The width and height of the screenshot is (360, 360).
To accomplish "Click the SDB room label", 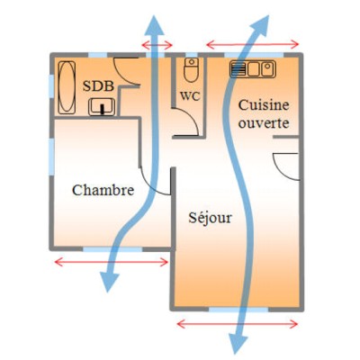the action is tap(98, 86).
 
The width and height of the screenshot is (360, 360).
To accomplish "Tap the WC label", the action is tap(190, 96).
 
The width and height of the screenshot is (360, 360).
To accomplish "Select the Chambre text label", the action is tap(103, 190).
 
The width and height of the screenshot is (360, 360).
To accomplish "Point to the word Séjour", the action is tap(211, 218).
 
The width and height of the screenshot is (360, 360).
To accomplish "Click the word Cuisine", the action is tap(264, 105).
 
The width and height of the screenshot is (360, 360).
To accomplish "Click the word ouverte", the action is tap(264, 123).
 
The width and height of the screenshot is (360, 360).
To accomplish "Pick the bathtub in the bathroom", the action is tap(67, 87).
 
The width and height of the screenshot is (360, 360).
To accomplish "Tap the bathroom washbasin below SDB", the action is tap(102, 107).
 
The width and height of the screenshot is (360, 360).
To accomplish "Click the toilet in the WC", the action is tap(191, 70).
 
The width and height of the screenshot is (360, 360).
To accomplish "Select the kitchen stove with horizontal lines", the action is tap(238, 69).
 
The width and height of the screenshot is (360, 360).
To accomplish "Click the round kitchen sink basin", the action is tap(268, 69).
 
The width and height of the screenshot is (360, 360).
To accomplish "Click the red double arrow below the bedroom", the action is tap(112, 262).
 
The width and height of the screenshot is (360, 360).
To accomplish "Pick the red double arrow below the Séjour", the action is tap(238, 324).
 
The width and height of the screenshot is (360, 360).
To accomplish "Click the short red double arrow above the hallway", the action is tap(157, 45).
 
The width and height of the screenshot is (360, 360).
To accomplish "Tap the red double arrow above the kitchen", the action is tap(253, 45).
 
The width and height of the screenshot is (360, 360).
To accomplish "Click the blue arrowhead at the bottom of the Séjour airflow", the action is tap(238, 344).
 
